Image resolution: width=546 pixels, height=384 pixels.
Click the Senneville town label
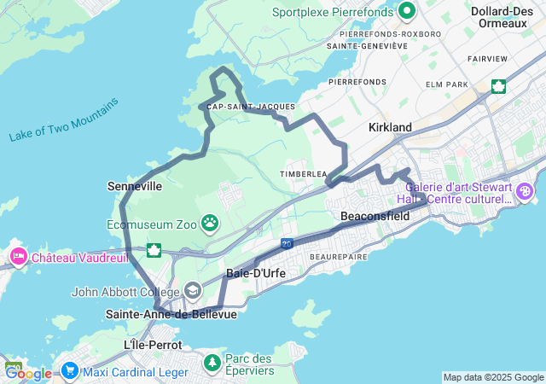[x=135, y=185]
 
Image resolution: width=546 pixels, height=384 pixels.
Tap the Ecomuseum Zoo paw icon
[x=210, y=224]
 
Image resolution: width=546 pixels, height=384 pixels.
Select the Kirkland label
[x=390, y=127]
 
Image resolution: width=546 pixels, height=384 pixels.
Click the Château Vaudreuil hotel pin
[x=18, y=257]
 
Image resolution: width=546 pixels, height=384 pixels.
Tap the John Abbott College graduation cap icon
[x=193, y=291]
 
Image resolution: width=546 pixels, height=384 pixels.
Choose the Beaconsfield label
[x=375, y=217]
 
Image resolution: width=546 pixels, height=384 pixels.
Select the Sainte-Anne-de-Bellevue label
[x=171, y=314]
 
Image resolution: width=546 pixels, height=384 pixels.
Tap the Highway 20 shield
[x=287, y=244]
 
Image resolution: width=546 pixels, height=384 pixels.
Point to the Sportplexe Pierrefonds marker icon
[x=406, y=12]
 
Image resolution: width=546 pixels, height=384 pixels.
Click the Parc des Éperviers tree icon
[x=212, y=364]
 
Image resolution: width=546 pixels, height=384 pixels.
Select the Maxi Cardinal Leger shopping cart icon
[x=69, y=371]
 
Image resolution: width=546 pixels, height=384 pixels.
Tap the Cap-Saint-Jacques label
[x=251, y=107]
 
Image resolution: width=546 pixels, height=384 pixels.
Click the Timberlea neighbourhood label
[x=303, y=174]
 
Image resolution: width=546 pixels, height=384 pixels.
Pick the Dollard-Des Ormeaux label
[x=503, y=16]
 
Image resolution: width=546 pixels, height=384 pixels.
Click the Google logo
[x=28, y=373]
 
